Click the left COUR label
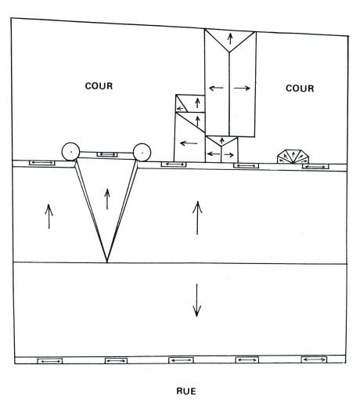pos(99,86)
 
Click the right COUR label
pos(300,89)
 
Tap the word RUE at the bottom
pos(186,391)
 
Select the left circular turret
pos(70,151)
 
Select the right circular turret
pos(142,152)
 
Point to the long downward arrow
pos(196,300)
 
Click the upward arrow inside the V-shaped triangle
pos(107,199)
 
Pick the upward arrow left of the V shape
pos(49,216)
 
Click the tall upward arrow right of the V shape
pos(197,218)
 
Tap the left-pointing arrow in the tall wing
pos(216,88)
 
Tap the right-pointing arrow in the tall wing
pos(242,89)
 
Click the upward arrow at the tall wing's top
pos(230,38)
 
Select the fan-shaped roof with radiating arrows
pos(293,157)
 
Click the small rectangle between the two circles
pos(107,154)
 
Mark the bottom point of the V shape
pos(107,262)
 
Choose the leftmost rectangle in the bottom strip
pos(50,361)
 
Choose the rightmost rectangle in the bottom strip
pos(314,359)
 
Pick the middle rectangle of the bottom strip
pos(181,360)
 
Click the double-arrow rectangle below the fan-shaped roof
pos(315,167)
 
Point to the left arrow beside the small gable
pos(189,143)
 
